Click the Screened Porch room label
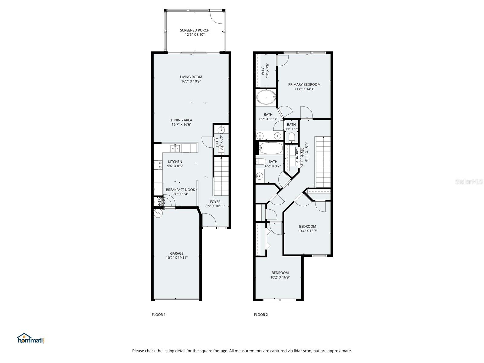pyautogui.click(x=195, y=30)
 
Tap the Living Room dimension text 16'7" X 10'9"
pyautogui.click(x=191, y=81)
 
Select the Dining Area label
pyautogui.click(x=181, y=120)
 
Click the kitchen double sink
pyautogui.click(x=175, y=148)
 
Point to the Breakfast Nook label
pyautogui.click(x=180, y=190)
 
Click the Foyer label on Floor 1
pyautogui.click(x=215, y=202)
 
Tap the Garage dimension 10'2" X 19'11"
pyautogui.click(x=177, y=258)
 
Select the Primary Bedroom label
pyautogui.click(x=304, y=84)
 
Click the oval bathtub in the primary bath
pyautogui.click(x=266, y=97)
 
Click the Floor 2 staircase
pyautogui.click(x=323, y=162)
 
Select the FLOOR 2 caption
pyautogui.click(x=261, y=315)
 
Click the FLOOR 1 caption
pyautogui.click(x=159, y=315)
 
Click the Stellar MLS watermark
pyautogui.click(x=469, y=182)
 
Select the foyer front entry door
pyautogui.click(x=208, y=220)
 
